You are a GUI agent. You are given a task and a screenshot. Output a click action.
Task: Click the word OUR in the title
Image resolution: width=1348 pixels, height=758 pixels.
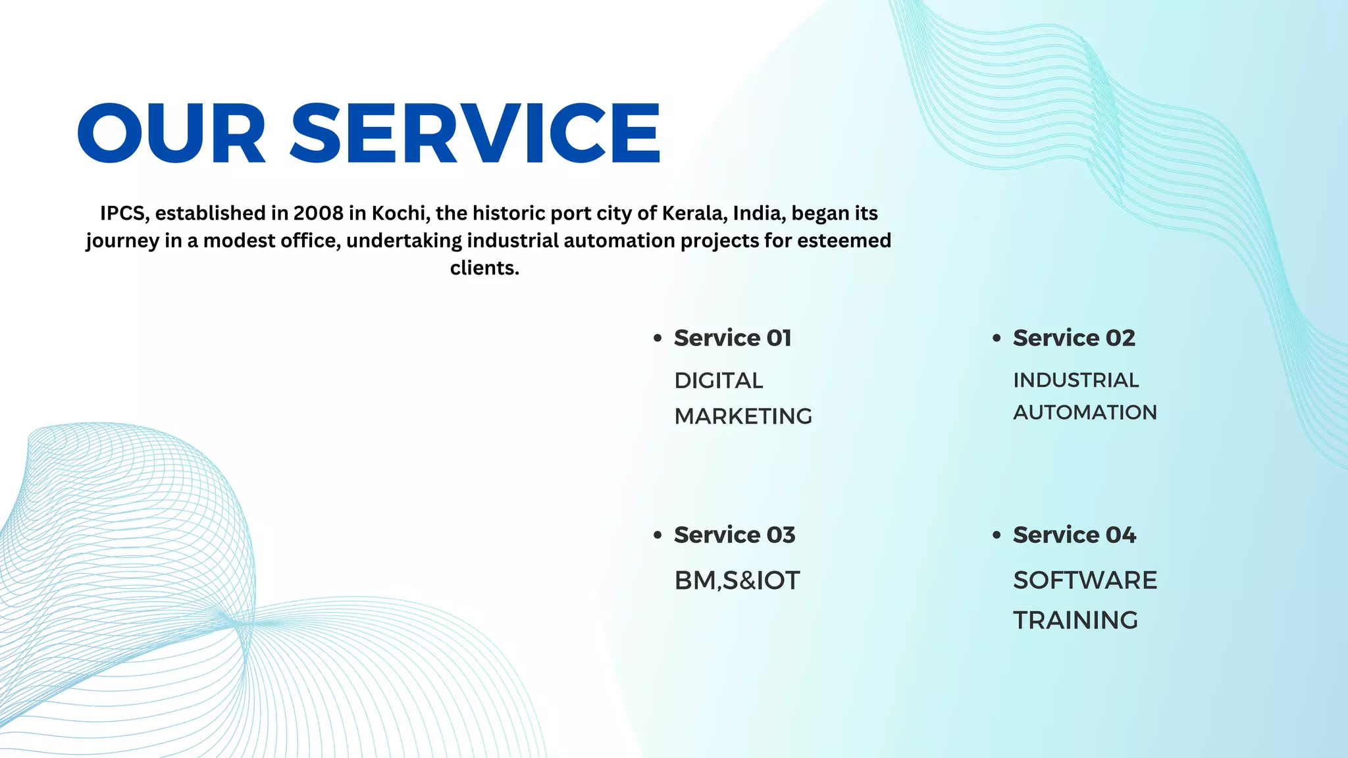[x=172, y=133]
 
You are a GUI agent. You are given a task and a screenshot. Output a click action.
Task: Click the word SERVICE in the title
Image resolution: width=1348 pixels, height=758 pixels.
[x=475, y=133]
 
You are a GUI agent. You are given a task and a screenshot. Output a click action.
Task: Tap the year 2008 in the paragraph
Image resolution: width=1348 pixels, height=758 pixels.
[x=319, y=213]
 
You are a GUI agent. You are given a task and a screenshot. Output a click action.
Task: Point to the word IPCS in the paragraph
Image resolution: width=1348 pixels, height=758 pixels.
[x=125, y=213]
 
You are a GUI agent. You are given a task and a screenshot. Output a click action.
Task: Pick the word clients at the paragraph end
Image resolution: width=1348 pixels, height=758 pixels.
[x=484, y=268]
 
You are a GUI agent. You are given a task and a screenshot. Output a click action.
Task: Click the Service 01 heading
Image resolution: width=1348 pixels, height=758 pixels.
[x=733, y=338]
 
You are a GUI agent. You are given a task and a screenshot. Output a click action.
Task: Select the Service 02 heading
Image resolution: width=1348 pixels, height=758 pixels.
[x=1074, y=338]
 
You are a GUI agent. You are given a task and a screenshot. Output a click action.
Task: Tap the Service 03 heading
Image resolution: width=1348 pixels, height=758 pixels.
[x=735, y=535]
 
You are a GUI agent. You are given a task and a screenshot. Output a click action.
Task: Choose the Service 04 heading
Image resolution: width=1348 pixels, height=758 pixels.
[x=1074, y=535]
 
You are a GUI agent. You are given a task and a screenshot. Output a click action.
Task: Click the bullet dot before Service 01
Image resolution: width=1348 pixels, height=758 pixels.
[x=658, y=338]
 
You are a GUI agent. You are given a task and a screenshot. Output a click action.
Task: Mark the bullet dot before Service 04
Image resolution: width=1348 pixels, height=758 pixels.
[x=997, y=535]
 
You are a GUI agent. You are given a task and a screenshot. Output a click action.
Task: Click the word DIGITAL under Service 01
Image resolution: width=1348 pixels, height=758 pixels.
[x=719, y=380]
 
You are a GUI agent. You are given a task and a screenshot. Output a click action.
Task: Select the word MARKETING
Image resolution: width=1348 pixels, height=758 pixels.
[x=743, y=417]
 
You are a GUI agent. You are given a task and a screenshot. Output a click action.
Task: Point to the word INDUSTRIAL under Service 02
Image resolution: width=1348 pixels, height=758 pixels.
[x=1076, y=380]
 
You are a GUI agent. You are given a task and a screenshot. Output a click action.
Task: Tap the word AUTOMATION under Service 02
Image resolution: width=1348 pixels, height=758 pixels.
[x=1085, y=413]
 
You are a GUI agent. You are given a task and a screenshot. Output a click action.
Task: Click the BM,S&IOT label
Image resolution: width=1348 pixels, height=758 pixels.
[x=737, y=581]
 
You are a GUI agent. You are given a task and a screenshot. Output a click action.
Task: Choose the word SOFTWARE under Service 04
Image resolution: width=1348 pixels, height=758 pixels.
[x=1085, y=580]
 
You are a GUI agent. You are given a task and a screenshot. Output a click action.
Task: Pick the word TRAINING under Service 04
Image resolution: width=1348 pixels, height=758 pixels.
[x=1076, y=620]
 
